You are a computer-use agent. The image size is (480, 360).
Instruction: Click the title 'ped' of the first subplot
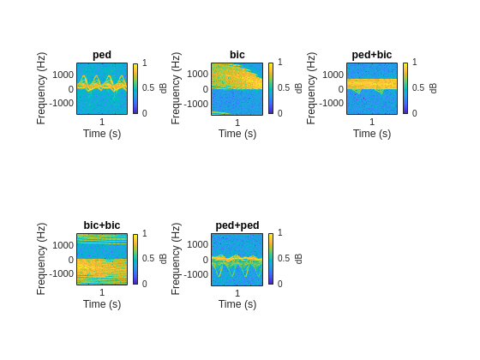click(x=102, y=55)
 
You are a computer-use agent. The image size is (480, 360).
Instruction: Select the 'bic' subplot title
click(x=237, y=55)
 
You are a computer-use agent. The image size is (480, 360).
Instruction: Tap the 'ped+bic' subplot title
click(x=372, y=55)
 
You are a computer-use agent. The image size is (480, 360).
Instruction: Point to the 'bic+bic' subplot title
click(x=102, y=225)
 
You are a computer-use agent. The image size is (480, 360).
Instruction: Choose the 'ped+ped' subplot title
click(x=237, y=225)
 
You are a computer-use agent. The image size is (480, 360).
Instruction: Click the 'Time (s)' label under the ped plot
click(x=102, y=134)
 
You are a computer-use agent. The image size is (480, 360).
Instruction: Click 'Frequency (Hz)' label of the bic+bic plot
click(x=41, y=259)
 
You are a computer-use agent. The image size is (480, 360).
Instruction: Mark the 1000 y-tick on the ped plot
click(x=63, y=75)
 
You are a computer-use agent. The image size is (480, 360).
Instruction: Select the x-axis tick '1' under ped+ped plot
click(x=237, y=293)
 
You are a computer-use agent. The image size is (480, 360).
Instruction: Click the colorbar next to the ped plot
click(x=135, y=88)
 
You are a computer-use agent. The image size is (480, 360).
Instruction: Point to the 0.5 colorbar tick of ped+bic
click(x=417, y=88)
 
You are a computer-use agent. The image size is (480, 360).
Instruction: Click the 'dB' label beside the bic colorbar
click(x=299, y=88)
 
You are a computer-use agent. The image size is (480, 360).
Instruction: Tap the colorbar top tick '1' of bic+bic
click(x=144, y=233)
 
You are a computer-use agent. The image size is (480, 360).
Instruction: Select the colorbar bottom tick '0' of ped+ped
click(x=279, y=284)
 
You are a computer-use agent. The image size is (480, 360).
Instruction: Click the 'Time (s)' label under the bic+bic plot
click(x=102, y=304)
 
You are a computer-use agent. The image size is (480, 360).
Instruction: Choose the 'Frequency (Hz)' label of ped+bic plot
click(x=311, y=88)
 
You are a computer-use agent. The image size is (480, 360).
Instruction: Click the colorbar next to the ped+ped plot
click(x=271, y=259)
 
